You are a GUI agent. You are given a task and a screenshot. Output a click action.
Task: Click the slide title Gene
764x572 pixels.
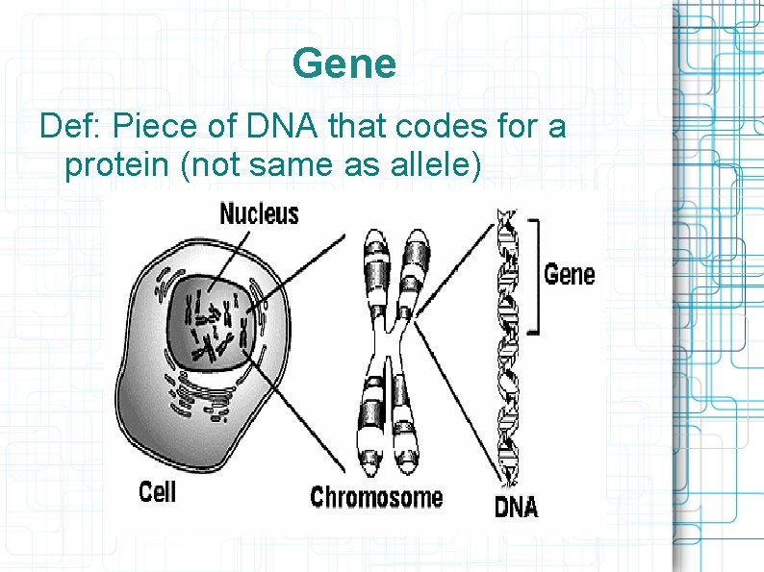[344, 64]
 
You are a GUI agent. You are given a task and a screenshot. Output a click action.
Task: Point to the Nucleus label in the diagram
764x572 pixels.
[259, 212]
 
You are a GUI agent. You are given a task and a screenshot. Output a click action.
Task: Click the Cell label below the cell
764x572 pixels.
[158, 492]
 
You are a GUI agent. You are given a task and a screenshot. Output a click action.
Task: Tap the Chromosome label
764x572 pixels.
[376, 497]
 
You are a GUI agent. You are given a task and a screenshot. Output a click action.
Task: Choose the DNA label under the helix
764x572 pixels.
[516, 507]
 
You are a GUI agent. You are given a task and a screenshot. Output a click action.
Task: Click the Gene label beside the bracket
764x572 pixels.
[569, 275]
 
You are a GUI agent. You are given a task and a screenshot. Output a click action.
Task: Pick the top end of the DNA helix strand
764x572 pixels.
[502, 213]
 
